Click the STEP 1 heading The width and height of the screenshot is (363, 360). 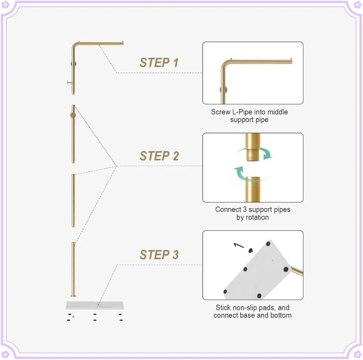point(159,63)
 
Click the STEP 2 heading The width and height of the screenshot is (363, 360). point(159,156)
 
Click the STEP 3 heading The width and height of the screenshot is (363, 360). point(159,255)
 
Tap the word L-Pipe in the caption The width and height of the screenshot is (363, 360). point(242,112)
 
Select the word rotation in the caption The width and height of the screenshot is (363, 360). point(257,217)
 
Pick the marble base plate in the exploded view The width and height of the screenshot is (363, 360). point(95,305)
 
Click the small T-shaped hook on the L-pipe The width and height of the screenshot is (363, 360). point(69,83)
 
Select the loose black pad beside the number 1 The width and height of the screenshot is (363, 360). point(251,250)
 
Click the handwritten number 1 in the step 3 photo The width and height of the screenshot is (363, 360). point(239,245)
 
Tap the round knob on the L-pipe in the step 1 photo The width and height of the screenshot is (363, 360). point(223,90)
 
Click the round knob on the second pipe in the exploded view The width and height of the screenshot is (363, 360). point(73,115)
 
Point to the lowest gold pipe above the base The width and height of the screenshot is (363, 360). point(73,269)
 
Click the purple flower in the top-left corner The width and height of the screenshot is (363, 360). point(5,5)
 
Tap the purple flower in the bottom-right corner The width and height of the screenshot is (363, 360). point(358,354)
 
